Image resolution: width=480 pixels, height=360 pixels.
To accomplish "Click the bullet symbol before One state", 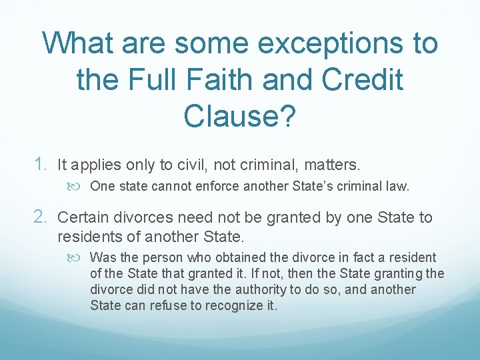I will point(79,187).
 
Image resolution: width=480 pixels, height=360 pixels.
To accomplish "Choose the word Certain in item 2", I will point(82,218).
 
